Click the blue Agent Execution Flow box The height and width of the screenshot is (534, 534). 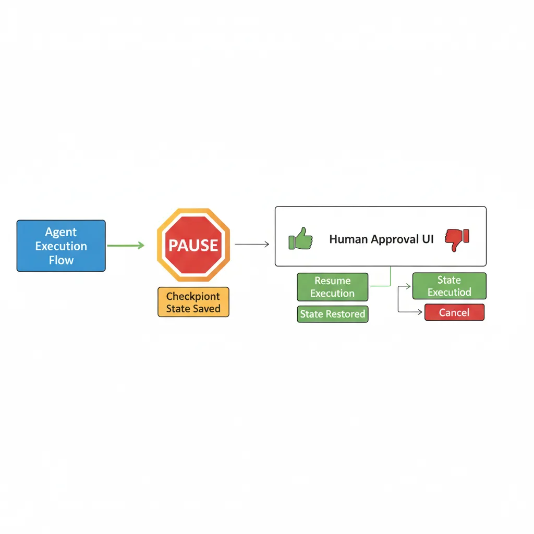coord(61,246)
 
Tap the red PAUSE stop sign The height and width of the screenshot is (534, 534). coord(193,245)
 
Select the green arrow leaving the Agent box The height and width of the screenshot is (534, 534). coord(125,245)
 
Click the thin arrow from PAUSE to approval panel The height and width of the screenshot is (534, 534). coord(252,244)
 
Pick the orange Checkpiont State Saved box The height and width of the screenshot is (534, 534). coord(193,302)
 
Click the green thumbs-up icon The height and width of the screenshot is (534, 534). coord(300,239)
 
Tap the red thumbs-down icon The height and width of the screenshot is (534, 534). coord(457,239)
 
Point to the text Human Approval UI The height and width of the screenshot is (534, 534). coord(381,239)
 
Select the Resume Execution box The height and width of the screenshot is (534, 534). coord(332,287)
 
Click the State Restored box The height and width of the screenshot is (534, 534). coord(332,314)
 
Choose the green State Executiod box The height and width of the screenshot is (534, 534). coord(449,286)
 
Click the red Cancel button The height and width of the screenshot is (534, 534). coord(454,312)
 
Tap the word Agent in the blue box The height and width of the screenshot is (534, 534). coord(61,232)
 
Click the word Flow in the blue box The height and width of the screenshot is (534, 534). coord(61,260)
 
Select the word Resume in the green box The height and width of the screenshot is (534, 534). coord(332,281)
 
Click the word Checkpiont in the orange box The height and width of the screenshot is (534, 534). coord(193,296)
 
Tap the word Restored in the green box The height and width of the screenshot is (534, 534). coord(346,314)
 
